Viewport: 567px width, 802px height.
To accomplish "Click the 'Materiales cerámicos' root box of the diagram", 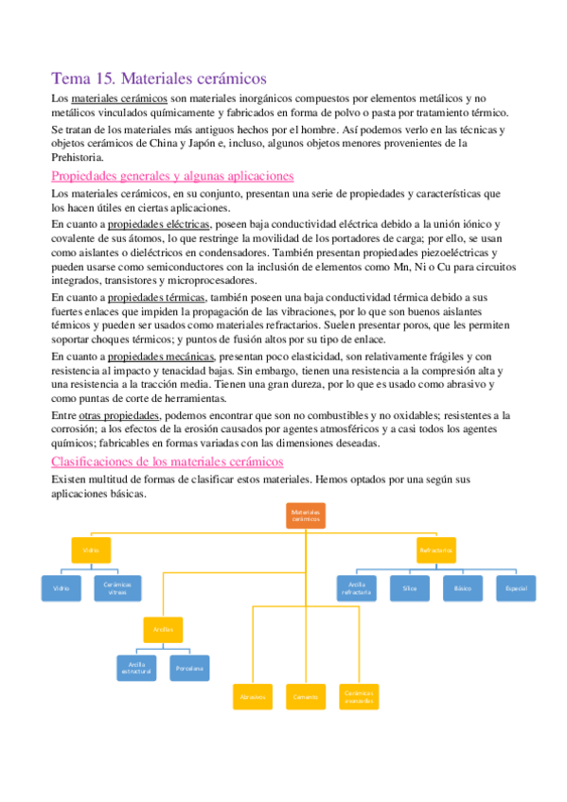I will (x=305, y=516).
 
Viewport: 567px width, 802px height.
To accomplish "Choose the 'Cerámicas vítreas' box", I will (x=118, y=588).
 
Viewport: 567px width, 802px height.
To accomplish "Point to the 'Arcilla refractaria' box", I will (x=358, y=588).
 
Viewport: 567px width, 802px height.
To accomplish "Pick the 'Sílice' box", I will (x=410, y=588).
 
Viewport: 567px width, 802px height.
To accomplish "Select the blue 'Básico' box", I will (x=463, y=588).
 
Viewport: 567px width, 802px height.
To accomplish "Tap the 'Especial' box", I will (x=516, y=588).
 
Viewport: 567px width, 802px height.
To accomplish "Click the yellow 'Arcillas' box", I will (x=162, y=628).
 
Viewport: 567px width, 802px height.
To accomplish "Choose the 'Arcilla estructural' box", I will (x=136, y=668).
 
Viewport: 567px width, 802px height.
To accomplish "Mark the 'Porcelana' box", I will (x=189, y=668).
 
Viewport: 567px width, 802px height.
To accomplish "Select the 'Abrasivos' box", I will (x=252, y=697).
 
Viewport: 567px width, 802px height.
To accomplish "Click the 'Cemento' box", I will (x=305, y=697).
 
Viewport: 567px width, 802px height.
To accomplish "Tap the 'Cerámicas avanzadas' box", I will (x=359, y=697).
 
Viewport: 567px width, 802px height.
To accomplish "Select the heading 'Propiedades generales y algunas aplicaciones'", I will (x=172, y=176).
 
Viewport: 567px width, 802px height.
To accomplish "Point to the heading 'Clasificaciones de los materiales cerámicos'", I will (x=168, y=462).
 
